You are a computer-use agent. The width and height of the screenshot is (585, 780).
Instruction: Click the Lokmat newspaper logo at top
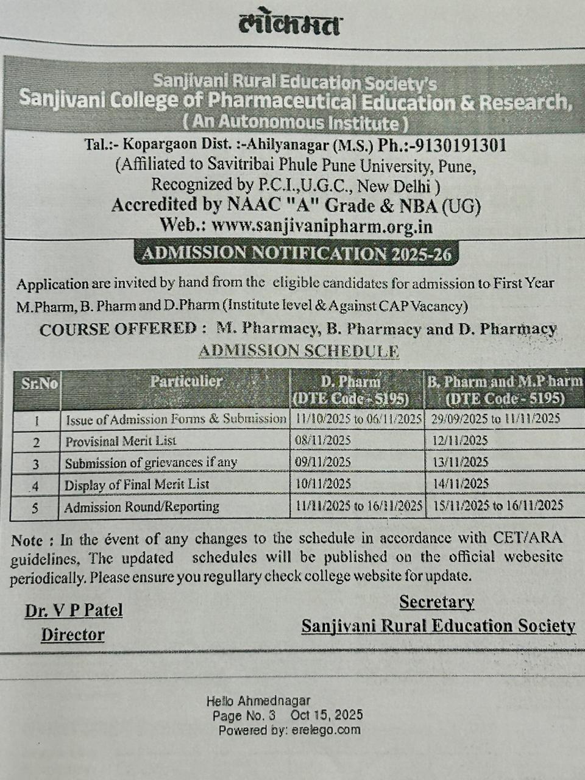click(290, 26)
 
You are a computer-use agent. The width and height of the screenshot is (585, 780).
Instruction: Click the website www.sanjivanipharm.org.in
click(322, 225)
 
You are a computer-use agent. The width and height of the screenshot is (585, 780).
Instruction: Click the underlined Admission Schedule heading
click(299, 351)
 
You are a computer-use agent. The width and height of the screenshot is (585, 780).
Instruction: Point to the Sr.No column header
click(39, 384)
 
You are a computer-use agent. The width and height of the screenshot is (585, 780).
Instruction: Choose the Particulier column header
click(186, 381)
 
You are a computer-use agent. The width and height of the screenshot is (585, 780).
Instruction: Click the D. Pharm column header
click(350, 390)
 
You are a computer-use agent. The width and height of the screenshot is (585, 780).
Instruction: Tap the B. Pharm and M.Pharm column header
click(505, 390)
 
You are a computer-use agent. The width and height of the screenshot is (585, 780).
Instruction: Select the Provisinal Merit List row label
click(121, 441)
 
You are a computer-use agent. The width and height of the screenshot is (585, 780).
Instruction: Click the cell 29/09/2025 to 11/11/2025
click(495, 419)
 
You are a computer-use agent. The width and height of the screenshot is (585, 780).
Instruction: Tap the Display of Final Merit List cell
click(137, 484)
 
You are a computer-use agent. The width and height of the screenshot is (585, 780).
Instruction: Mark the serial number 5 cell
click(35, 507)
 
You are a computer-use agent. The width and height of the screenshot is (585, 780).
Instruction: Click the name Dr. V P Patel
click(74, 611)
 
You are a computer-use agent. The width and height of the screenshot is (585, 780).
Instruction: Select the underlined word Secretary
click(436, 602)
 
